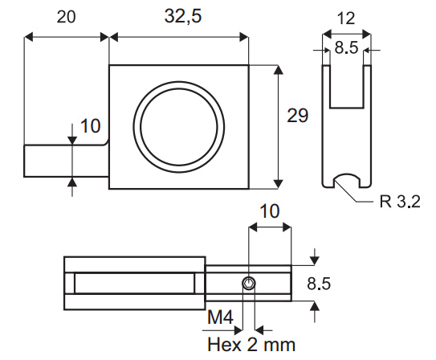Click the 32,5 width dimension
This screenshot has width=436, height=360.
click(183, 16)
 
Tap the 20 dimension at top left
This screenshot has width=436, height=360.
click(66, 17)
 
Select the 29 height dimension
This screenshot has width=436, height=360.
click(298, 116)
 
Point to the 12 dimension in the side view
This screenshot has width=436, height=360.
click(346, 18)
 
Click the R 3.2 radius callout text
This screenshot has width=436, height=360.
click(400, 202)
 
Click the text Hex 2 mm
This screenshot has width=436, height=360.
click(251, 345)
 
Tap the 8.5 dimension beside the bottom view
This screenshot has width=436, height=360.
click(319, 284)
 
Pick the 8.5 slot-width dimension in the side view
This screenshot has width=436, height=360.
click(346, 47)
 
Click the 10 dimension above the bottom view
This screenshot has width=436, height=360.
click(270, 211)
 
